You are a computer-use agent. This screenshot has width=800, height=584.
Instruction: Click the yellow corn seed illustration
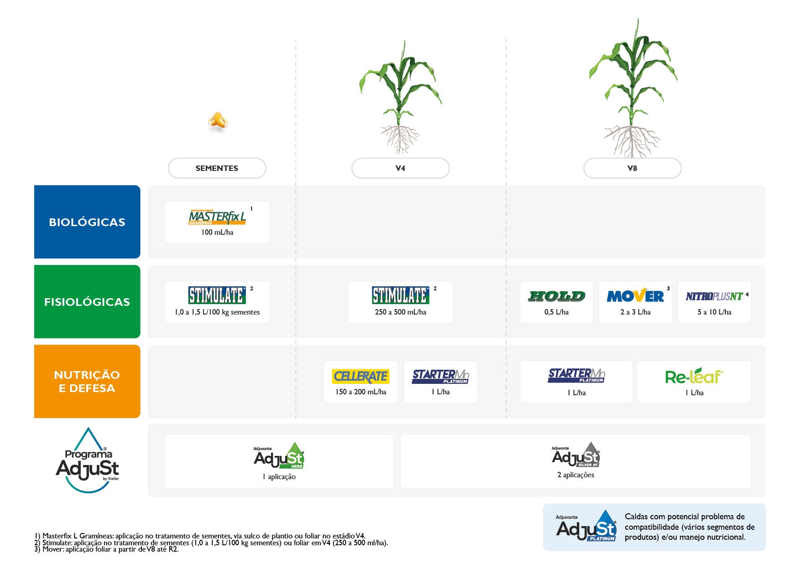coord(218,120)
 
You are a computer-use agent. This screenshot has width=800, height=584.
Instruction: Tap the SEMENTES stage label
coord(217,168)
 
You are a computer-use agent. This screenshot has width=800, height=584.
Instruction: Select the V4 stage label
coord(400,168)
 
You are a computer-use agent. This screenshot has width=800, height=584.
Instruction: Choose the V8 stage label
coord(632,168)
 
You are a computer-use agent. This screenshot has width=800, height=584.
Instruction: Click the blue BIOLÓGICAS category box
coord(87,222)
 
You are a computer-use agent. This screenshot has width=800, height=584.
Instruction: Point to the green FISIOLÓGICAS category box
coord(87,301)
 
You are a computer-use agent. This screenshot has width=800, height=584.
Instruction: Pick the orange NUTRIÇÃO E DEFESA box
coord(87,381)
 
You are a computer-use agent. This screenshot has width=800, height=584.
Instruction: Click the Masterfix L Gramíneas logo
coord(217,217)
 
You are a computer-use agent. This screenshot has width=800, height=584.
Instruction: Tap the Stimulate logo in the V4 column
coord(400,295)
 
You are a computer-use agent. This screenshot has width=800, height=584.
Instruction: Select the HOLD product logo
coord(556,296)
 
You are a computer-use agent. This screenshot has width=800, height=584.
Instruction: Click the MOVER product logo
coord(635,295)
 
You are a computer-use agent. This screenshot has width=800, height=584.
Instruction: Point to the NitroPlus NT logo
coord(714,296)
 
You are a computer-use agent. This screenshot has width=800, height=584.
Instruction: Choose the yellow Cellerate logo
coord(361,376)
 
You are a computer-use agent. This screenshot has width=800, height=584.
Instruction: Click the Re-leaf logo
coord(694,376)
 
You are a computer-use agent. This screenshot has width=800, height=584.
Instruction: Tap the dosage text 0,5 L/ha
coord(556,312)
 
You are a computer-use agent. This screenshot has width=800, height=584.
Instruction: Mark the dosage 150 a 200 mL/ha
coord(361,392)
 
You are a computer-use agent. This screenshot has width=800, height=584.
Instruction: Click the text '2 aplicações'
coord(576,475)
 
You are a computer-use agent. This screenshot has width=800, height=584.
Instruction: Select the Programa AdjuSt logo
coord(87,460)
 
